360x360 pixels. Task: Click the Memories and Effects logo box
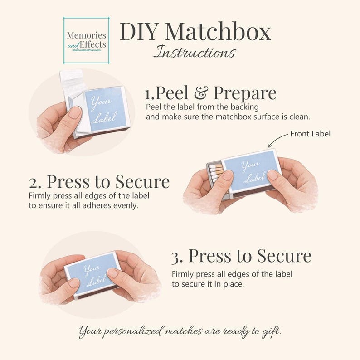(x=86, y=40)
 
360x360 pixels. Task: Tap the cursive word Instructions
(x=194, y=52)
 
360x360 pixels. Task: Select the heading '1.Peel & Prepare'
(x=210, y=93)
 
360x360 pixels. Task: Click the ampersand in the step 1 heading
(x=202, y=93)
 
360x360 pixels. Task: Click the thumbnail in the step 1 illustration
(x=75, y=113)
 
